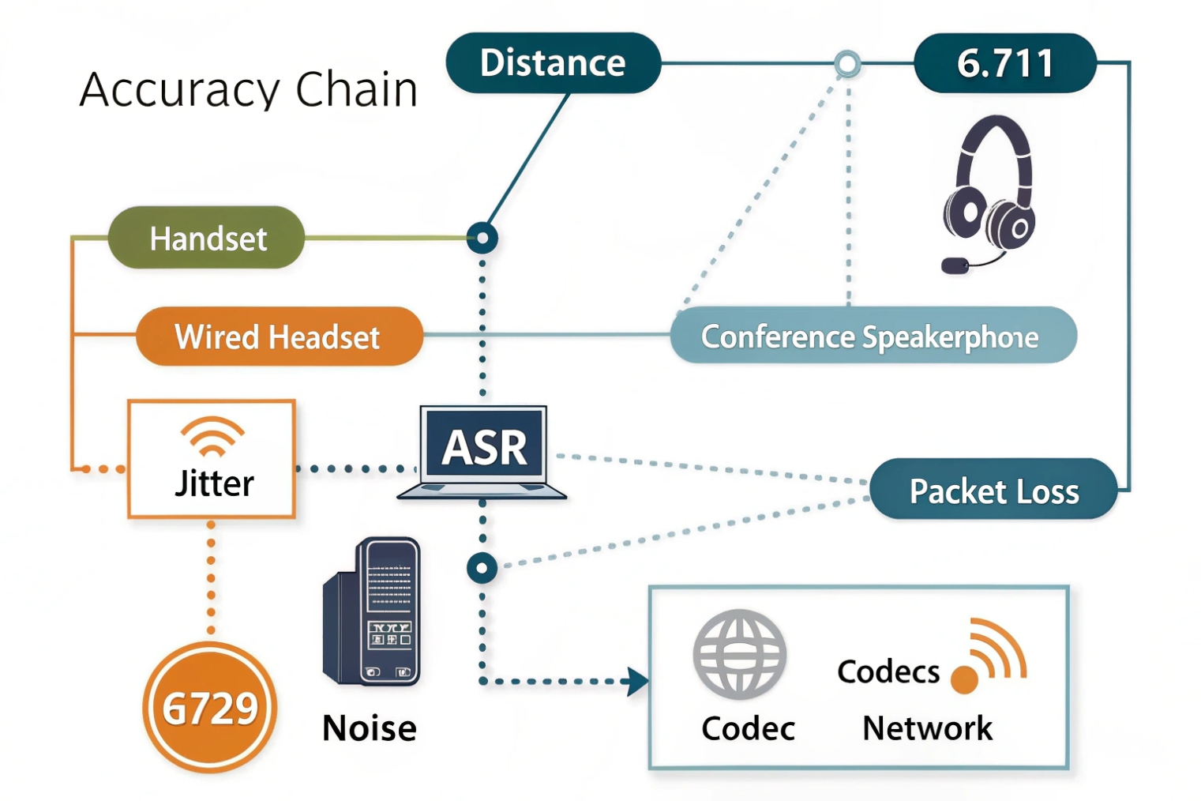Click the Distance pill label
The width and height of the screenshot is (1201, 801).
pyautogui.click(x=553, y=63)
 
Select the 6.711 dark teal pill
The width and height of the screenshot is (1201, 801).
pyautogui.click(x=1004, y=63)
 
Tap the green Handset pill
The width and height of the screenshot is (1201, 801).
pyautogui.click(x=207, y=238)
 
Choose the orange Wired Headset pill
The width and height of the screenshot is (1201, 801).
pyautogui.click(x=279, y=337)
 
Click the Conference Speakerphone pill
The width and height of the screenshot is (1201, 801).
pyautogui.click(x=873, y=337)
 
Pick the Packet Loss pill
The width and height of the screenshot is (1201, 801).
pyautogui.click(x=993, y=491)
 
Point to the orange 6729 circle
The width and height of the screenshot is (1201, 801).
pyautogui.click(x=210, y=707)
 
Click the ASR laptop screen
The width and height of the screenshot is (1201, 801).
pyautogui.click(x=483, y=446)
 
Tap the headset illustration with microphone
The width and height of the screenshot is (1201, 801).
pyautogui.click(x=988, y=194)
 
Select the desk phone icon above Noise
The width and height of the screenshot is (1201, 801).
pyautogui.click(x=373, y=612)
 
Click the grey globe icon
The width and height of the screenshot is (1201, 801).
pyautogui.click(x=739, y=654)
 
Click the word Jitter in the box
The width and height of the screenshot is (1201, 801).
pyautogui.click(x=214, y=483)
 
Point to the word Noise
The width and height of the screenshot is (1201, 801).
pyautogui.click(x=369, y=728)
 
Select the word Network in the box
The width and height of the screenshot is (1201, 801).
pyautogui.click(x=927, y=728)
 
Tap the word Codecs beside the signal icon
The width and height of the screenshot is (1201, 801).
pyautogui.click(x=888, y=671)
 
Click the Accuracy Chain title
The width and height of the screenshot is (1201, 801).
pyautogui.click(x=249, y=89)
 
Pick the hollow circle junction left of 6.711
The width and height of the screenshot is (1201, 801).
pyautogui.click(x=847, y=64)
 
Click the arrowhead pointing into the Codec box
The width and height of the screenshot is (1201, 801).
pyautogui.click(x=636, y=681)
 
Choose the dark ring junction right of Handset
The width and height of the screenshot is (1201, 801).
pyautogui.click(x=482, y=238)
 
